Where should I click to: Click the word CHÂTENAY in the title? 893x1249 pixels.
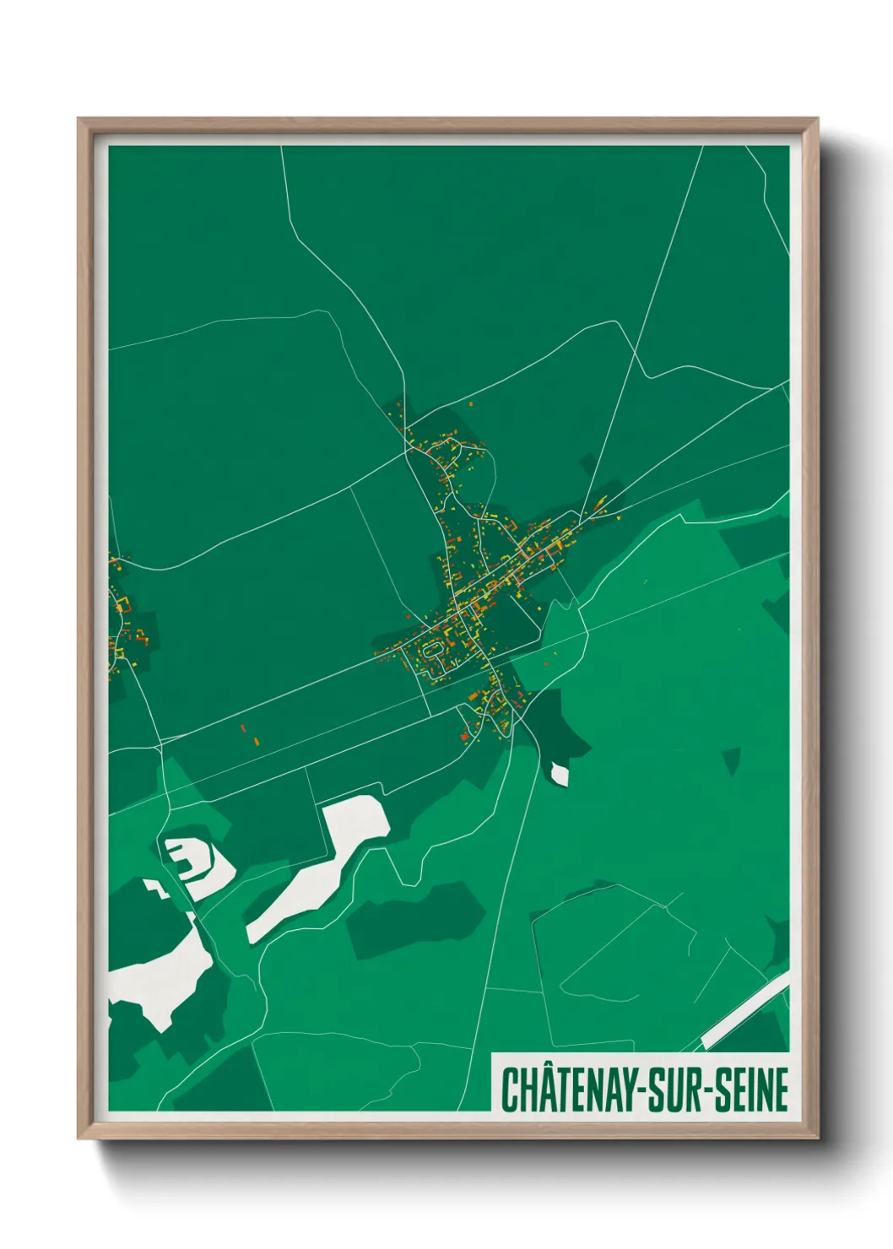point(574,1089)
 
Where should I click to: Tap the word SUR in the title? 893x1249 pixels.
point(679,1089)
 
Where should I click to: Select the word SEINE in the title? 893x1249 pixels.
point(752,1089)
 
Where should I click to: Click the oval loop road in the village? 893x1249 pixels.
point(431,651)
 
